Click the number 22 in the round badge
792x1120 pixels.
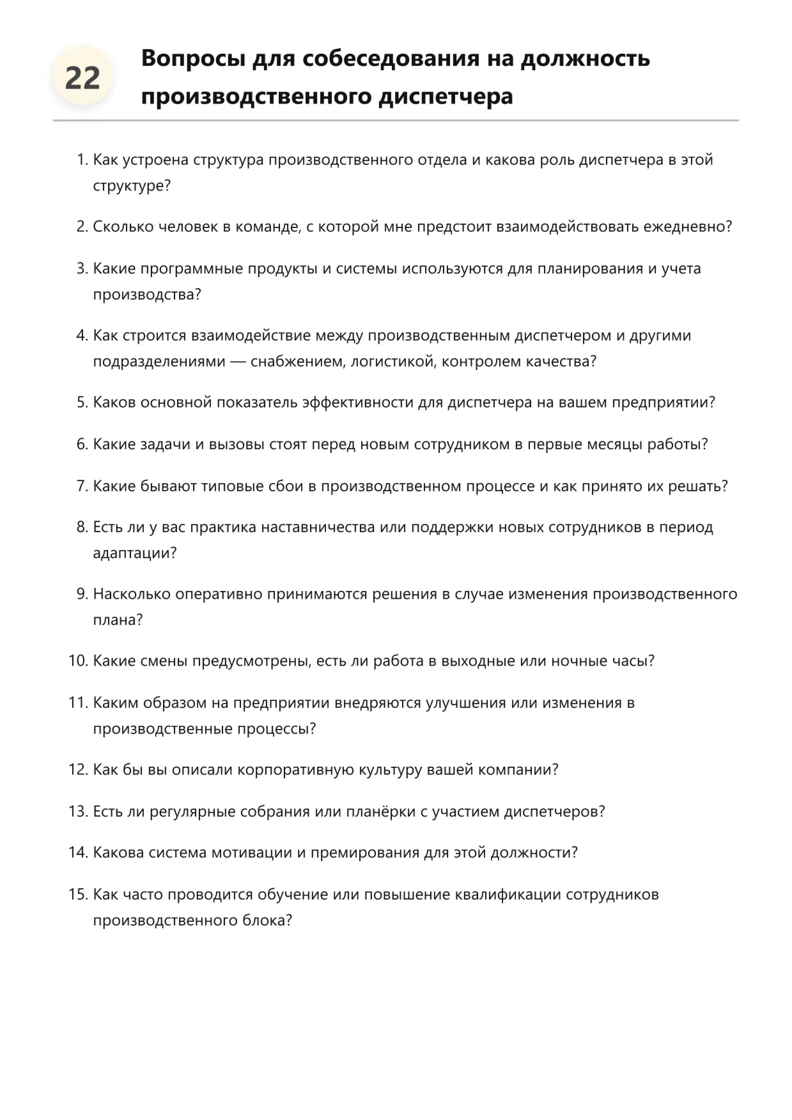tap(82, 78)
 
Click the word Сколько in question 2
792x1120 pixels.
tap(123, 227)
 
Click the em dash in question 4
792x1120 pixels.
tap(237, 362)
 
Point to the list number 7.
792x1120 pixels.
tap(81, 486)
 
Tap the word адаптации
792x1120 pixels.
tap(134, 553)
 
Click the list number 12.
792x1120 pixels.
tap(77, 769)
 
